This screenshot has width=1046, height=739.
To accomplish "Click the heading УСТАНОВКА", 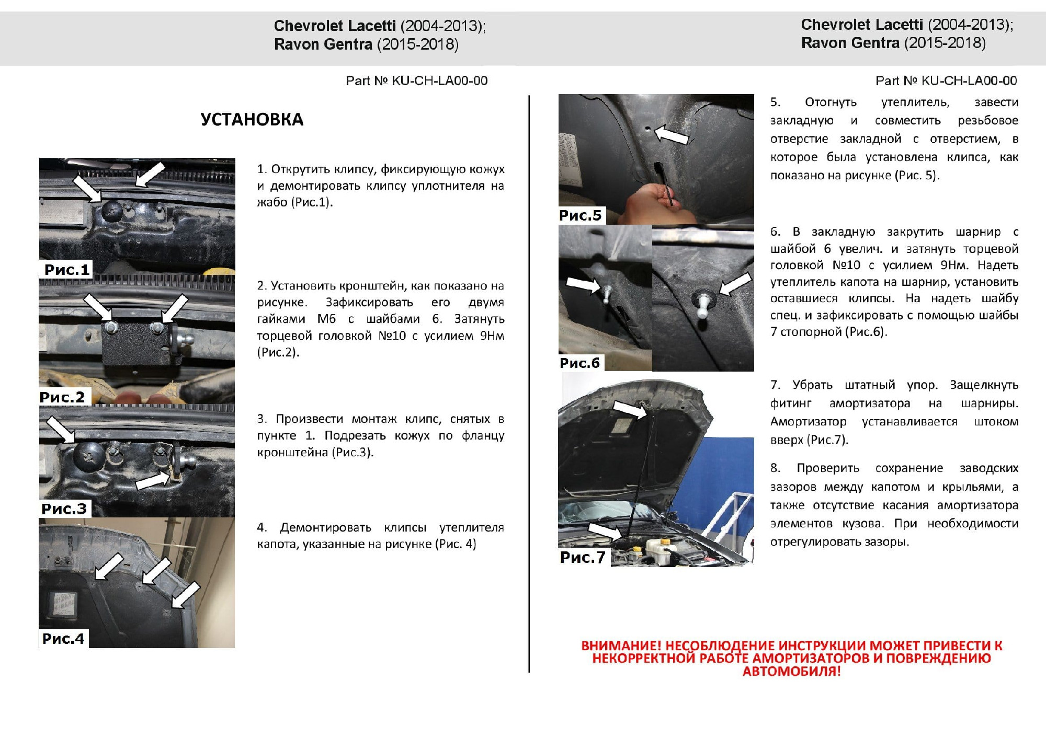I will point(252,120).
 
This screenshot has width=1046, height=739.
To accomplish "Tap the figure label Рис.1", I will point(67,270).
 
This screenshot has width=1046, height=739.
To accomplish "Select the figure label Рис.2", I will point(62,397).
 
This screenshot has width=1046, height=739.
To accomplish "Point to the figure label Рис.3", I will point(64,509).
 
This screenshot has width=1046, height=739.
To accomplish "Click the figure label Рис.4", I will point(63,638).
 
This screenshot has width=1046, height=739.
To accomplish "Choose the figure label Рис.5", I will point(581,215).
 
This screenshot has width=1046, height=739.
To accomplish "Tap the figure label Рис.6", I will point(579,363).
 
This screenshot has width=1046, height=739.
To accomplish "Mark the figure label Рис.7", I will point(583,557).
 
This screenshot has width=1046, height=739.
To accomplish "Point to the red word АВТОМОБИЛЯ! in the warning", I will point(791,672).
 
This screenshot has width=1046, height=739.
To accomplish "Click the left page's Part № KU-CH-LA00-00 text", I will point(416,81).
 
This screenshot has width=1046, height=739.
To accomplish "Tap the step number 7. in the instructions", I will point(775,385).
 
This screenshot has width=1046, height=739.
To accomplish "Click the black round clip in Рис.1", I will point(111,211).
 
